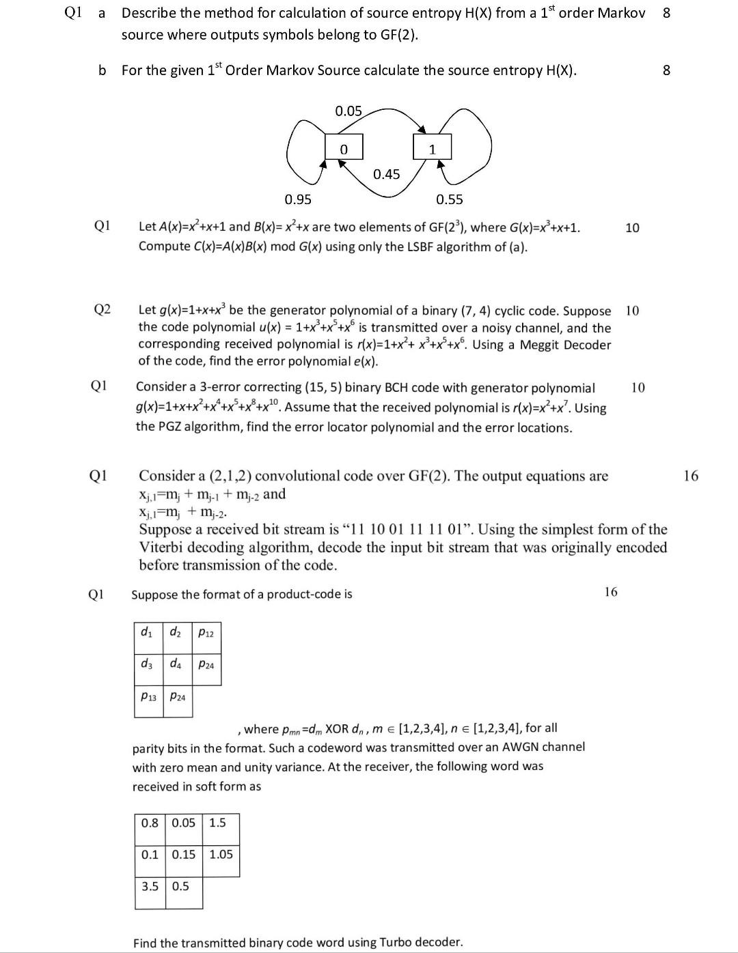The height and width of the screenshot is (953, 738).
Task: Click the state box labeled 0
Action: (344, 148)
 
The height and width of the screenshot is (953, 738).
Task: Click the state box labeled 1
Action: (432, 148)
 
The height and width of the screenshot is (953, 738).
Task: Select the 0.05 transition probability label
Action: (348, 111)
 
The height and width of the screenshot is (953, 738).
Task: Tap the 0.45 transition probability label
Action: (387, 175)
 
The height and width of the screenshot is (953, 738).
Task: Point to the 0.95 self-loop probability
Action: (298, 199)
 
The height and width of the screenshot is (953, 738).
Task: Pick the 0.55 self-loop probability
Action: (449, 199)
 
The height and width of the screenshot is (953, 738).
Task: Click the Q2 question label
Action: (102, 310)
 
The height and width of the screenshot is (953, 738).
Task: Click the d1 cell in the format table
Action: (147, 632)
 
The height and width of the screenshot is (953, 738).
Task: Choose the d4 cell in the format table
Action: (176, 663)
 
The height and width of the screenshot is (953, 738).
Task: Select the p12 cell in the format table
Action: (206, 633)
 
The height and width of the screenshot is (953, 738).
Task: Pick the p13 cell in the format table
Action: (148, 696)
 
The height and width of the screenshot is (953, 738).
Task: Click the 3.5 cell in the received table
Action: (150, 886)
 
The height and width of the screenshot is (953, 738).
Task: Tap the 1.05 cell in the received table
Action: (221, 854)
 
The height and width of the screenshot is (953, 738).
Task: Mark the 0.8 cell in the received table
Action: (150, 823)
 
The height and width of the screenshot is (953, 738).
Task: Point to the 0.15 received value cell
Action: (183, 854)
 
